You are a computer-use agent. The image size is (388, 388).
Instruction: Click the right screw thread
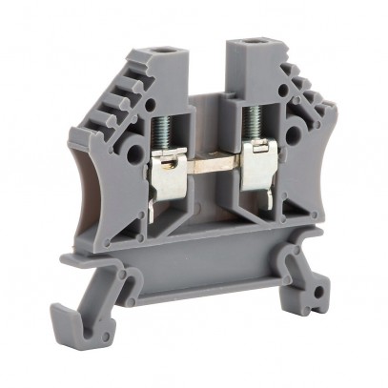point(252,124)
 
